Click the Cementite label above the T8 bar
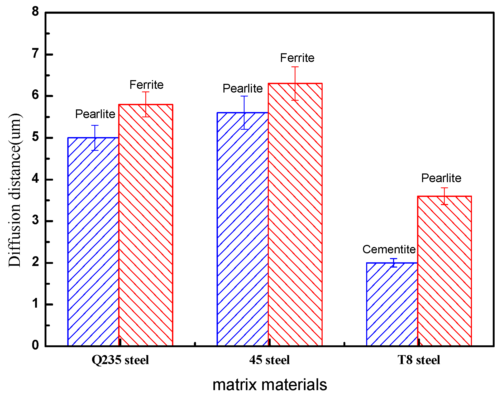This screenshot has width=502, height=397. [389, 249]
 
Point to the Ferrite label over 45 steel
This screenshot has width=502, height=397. [297, 58]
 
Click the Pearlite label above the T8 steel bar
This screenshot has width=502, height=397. [441, 178]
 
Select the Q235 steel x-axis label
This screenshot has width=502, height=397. [120, 360]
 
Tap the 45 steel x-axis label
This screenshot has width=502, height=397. [269, 360]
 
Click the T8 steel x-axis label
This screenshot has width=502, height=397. [419, 360]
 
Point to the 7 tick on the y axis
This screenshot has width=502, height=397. [35, 54]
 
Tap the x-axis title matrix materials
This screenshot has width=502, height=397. [270, 385]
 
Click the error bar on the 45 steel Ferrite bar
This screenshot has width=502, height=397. [295, 83]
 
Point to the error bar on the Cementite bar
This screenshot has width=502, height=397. [394, 263]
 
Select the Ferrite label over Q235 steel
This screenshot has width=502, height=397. [146, 85]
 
